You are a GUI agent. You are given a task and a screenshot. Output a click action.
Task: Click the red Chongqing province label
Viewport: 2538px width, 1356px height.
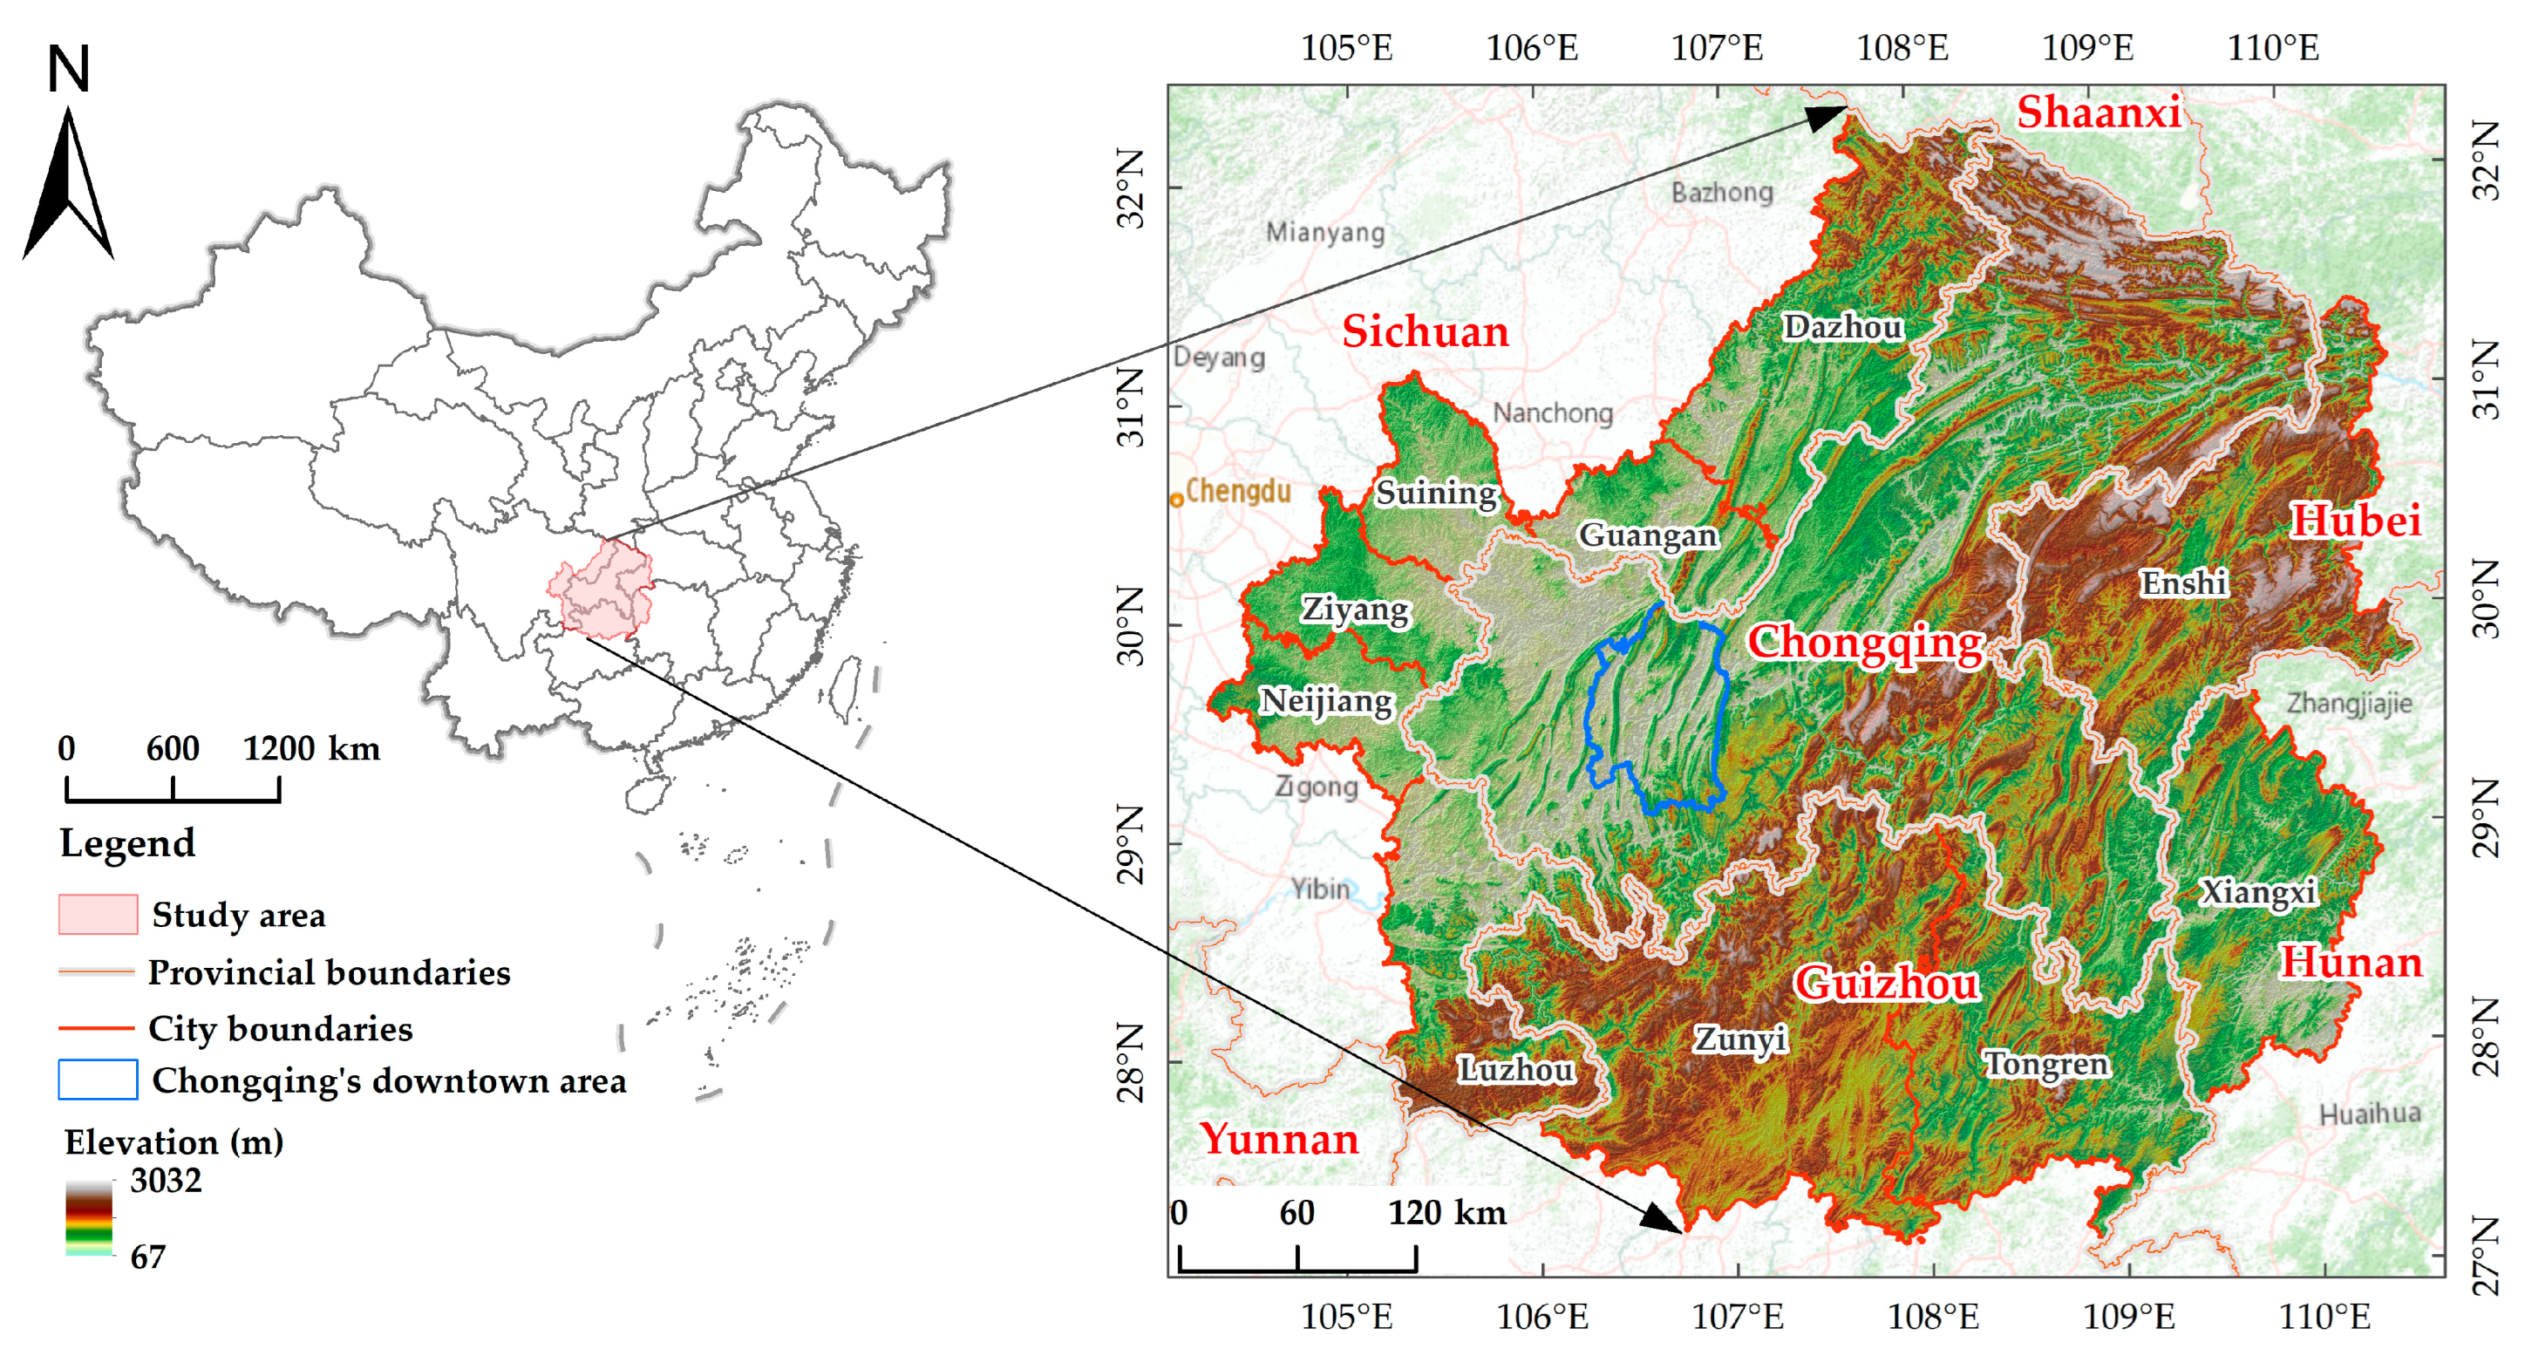click(x=1864, y=643)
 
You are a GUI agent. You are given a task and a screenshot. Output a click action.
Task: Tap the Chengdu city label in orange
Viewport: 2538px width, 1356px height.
click(x=1237, y=491)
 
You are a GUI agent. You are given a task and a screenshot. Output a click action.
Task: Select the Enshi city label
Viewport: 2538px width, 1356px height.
click(x=2183, y=583)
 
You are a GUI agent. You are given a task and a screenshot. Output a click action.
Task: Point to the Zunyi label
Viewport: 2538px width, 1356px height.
click(x=1740, y=1039)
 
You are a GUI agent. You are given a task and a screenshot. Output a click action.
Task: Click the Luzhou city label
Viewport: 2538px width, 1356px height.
click(x=1515, y=1069)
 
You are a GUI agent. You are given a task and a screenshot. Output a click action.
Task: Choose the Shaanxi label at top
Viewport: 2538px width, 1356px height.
click(x=2098, y=112)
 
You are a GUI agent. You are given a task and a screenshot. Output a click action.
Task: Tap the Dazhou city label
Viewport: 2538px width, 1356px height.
click(x=1842, y=326)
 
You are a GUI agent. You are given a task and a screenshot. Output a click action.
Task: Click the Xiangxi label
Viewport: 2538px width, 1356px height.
click(x=2258, y=892)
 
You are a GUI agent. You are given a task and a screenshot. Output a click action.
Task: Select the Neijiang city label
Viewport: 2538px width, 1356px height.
click(x=1326, y=700)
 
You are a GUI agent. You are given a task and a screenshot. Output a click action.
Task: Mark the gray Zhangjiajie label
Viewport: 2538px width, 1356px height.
click(x=2349, y=704)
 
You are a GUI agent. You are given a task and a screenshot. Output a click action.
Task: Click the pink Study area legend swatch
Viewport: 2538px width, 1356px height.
click(x=98, y=914)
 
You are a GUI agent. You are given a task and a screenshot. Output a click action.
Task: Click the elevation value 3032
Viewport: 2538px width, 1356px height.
click(x=166, y=1180)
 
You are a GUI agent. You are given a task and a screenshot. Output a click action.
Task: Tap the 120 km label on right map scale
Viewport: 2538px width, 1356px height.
click(x=1446, y=1212)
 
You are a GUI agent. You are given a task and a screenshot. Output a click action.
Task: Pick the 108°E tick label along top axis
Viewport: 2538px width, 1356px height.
click(x=1902, y=47)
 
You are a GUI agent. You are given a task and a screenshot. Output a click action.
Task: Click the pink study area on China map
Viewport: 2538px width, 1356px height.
click(x=604, y=589)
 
